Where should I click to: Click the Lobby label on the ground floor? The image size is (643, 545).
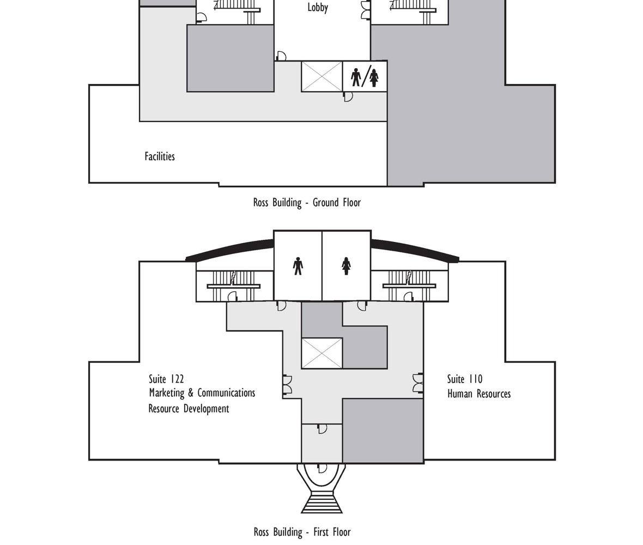[x=318, y=8]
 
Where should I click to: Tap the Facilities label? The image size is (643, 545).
[x=160, y=156]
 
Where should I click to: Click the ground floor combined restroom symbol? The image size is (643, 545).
[x=365, y=77]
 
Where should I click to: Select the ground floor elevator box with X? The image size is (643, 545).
[x=322, y=77]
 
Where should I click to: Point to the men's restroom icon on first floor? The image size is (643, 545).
[x=298, y=266]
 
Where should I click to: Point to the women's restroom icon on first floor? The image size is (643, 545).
[x=346, y=266]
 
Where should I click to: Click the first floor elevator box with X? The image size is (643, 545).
[x=322, y=353]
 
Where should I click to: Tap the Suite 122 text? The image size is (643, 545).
[x=166, y=379]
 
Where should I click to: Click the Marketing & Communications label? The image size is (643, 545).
[x=202, y=393]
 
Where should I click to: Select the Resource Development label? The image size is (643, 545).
[x=189, y=409]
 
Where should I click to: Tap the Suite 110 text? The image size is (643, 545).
[x=465, y=379]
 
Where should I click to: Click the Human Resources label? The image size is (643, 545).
[x=479, y=394]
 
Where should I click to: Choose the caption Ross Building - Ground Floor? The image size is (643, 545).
[x=307, y=203]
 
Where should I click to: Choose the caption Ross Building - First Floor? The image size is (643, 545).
[x=302, y=532]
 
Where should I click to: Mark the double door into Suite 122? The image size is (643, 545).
[x=287, y=385]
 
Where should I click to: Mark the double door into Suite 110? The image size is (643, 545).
[x=418, y=383]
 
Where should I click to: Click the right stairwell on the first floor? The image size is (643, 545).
[x=409, y=286]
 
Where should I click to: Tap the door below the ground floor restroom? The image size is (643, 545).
[x=348, y=97]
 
